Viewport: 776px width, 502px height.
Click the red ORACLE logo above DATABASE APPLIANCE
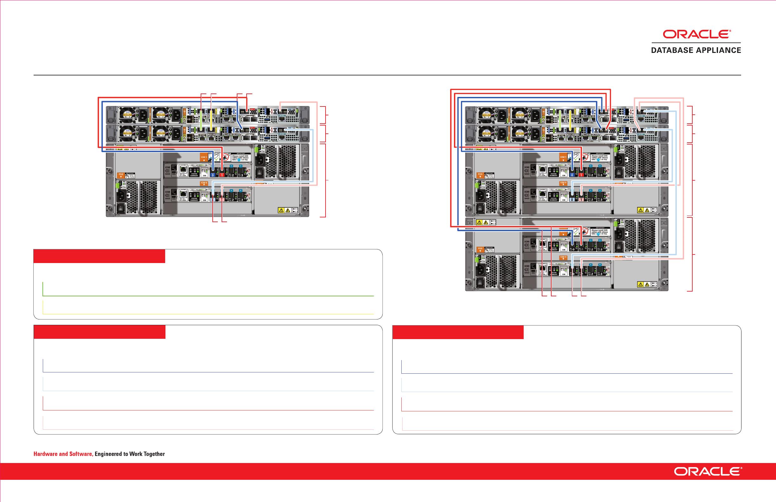696,34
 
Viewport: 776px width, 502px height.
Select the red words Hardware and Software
63,454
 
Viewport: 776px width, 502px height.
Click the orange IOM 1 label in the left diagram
204,157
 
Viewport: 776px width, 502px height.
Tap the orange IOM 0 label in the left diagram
204,183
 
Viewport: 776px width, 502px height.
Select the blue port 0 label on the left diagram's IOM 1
213,175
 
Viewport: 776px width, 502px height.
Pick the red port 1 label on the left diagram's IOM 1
222,175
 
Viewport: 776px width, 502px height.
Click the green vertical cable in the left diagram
202,121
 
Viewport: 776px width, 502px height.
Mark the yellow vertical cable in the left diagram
211,121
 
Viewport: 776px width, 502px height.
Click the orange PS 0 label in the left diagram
121,175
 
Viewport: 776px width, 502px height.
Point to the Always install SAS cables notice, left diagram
240,158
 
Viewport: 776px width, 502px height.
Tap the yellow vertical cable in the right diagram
570,121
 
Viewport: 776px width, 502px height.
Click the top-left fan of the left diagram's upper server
126,114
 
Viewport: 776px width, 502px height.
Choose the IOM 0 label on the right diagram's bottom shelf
563,258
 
